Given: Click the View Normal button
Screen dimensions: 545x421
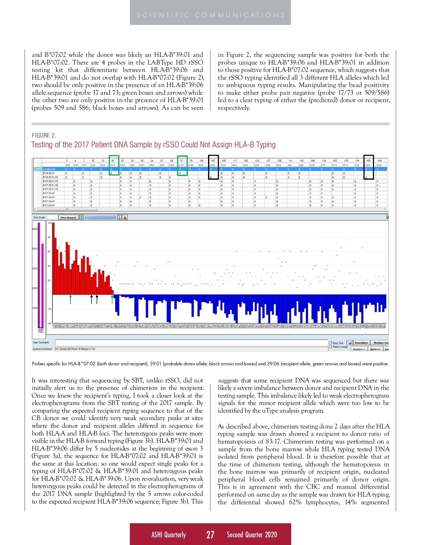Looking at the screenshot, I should [68, 218].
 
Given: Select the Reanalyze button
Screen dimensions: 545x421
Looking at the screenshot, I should [361, 343].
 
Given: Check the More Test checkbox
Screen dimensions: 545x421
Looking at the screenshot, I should [330, 343].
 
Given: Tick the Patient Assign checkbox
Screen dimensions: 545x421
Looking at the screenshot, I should [330, 347].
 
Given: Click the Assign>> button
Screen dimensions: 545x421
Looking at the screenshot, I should [359, 349].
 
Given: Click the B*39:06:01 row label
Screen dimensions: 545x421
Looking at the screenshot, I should [49, 173].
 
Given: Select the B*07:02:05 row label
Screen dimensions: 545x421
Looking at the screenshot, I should [49, 205].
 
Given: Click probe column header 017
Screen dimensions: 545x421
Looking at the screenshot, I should [113, 165].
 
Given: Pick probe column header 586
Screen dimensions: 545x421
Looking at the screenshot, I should [368, 165].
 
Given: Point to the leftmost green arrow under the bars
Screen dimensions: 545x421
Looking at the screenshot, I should [71, 299].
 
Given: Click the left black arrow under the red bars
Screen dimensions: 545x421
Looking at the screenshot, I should [92, 299].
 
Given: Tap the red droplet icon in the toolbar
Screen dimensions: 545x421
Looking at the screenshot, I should [125, 218].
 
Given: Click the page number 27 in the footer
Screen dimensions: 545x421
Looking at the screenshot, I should [210, 534].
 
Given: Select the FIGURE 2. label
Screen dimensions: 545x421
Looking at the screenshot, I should [44, 135].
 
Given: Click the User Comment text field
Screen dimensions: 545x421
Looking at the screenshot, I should [191, 343].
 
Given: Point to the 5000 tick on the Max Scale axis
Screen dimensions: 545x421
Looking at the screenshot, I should [35, 229].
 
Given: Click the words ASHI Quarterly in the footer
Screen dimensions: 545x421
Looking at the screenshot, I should [168, 534].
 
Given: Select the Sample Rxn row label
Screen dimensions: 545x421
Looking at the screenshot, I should [49, 169].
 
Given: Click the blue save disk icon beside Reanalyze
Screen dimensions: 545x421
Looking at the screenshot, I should [350, 343].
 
